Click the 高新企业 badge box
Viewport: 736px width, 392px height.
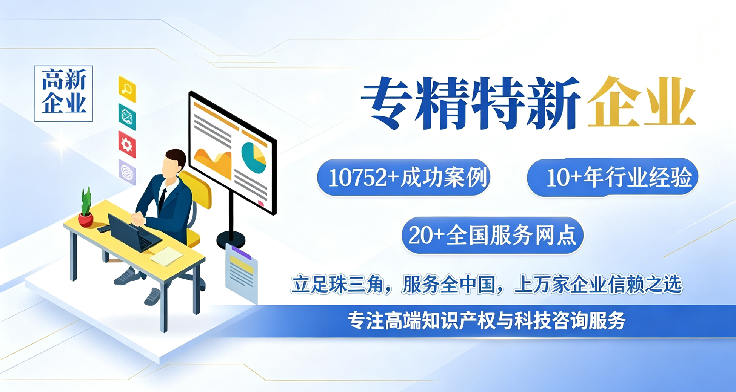tap(63, 93)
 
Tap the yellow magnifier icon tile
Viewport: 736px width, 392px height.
tap(127, 89)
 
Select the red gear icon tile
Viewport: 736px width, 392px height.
tap(127, 144)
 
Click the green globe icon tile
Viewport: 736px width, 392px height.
tap(127, 117)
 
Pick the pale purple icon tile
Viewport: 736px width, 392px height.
tap(127, 172)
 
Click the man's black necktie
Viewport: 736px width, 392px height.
tap(162, 200)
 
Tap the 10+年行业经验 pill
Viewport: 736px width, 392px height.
tap(613, 177)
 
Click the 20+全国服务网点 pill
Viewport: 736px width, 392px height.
tap(493, 235)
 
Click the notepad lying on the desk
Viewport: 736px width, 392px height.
tap(167, 256)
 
